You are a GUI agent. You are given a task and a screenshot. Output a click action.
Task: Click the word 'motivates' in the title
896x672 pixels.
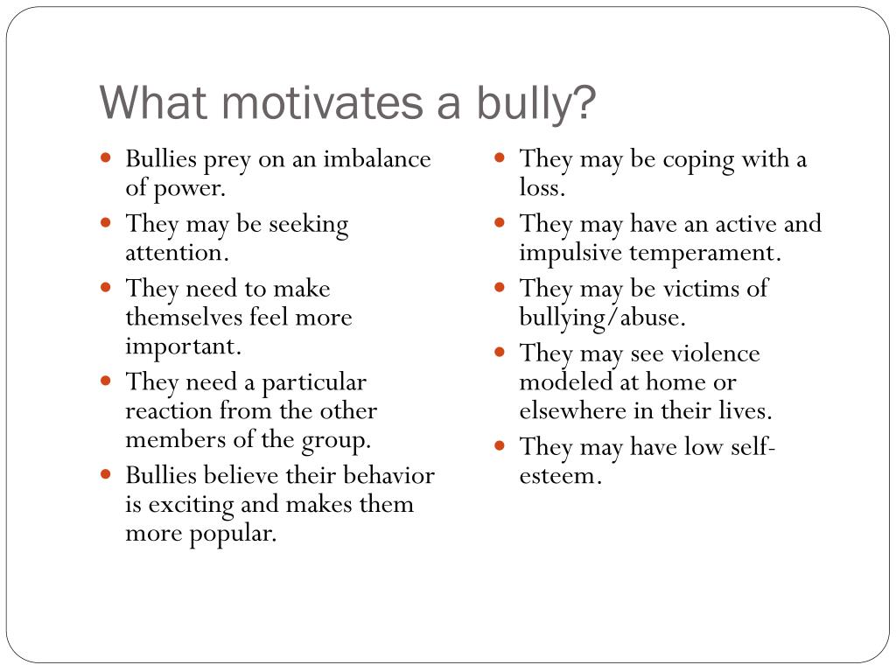[x=322, y=103]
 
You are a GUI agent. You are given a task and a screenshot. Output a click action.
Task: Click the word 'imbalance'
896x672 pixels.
[x=377, y=159]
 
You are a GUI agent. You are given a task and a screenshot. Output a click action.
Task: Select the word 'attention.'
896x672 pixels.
[x=177, y=253]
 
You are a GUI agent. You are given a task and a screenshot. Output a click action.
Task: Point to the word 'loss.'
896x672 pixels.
[x=542, y=187]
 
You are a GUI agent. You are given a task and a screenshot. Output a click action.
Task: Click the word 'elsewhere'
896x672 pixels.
[x=572, y=411]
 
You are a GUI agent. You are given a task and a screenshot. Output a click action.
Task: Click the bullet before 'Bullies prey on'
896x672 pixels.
[x=105, y=157]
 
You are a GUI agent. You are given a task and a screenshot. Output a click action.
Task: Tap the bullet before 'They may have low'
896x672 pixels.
[x=500, y=444]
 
